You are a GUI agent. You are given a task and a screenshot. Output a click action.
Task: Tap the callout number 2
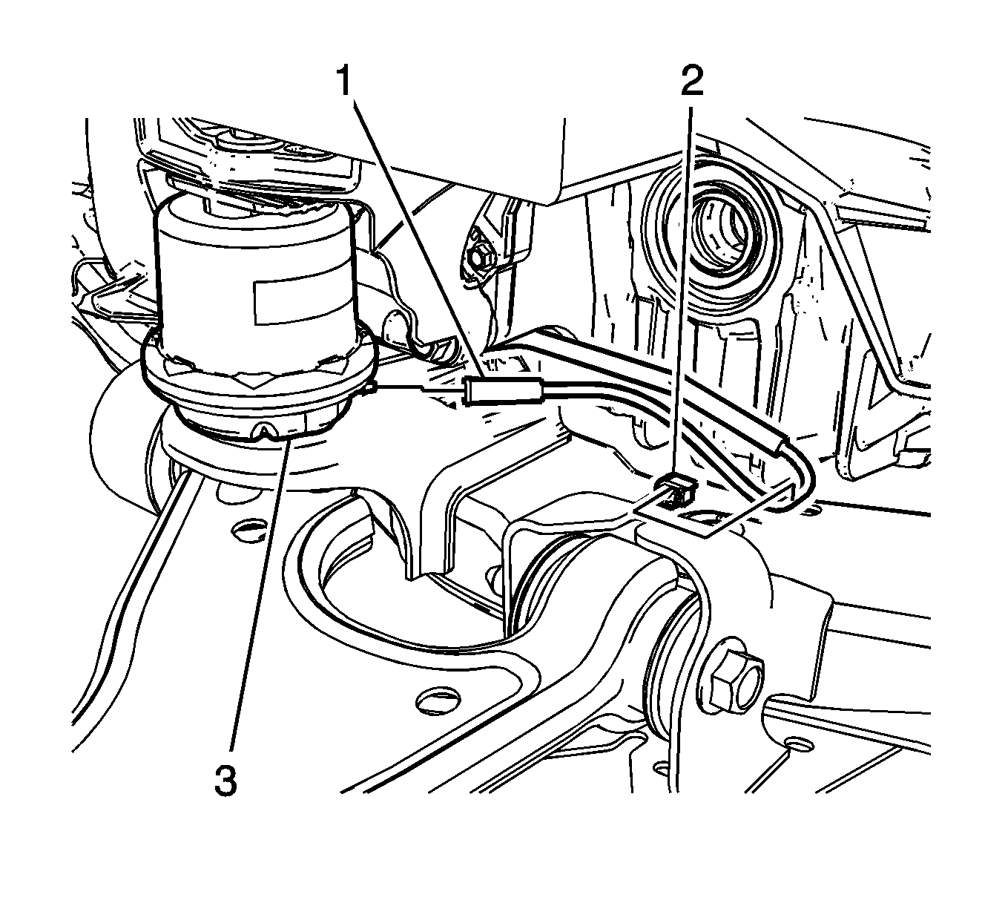[692, 81]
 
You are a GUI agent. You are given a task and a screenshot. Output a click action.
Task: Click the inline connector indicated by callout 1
[503, 389]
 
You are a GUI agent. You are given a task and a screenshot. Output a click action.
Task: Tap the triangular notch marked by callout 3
[267, 430]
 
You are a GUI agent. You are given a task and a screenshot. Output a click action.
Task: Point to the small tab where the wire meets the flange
[369, 387]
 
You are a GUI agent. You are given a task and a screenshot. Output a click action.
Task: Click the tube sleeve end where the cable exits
[780, 441]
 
